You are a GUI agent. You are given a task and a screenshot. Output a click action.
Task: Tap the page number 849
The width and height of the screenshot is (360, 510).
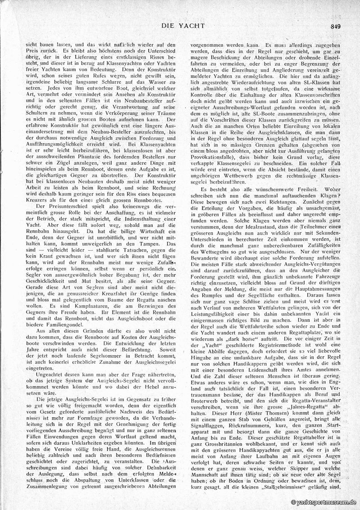(x=335, y=26)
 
